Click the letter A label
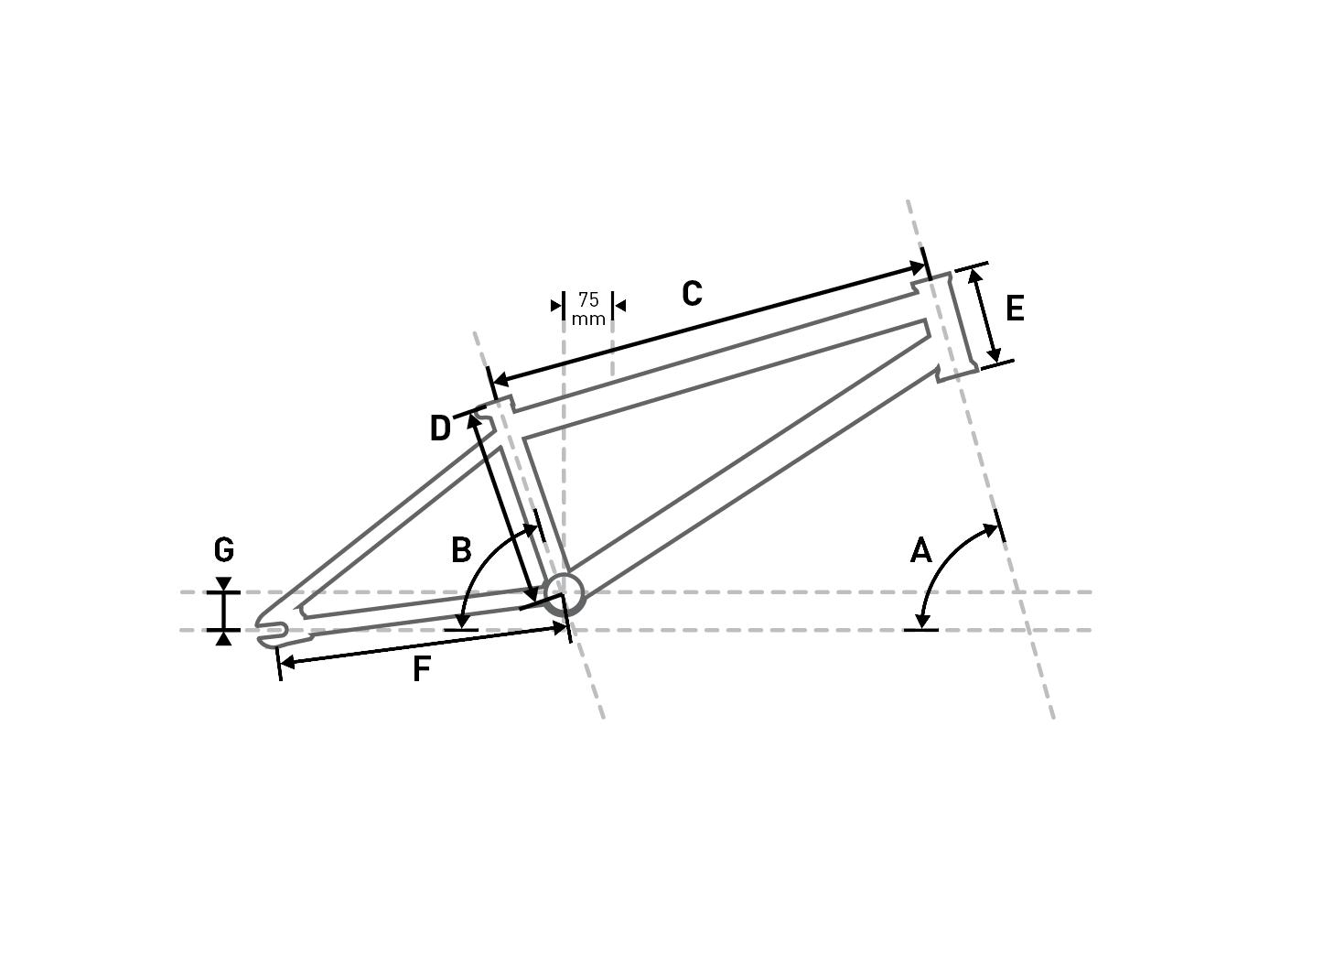tap(920, 550)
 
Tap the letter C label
tap(692, 294)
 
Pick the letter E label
tap(1015, 309)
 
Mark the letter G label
tap(224, 549)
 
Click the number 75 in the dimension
tap(588, 299)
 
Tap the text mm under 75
tap(588, 320)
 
